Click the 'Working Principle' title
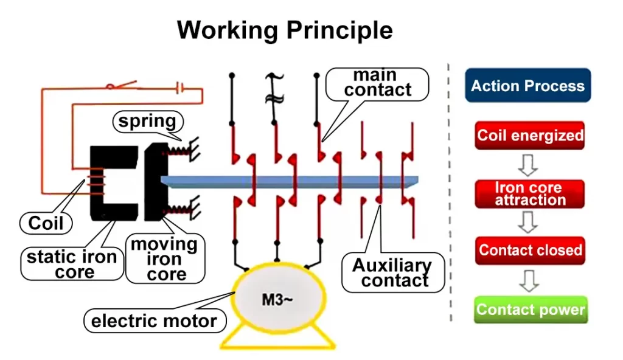click(284, 30)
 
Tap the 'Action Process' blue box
click(527, 86)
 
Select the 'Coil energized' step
click(530, 135)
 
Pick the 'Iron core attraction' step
click(530, 194)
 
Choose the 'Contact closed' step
click(530, 250)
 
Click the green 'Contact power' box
click(530, 310)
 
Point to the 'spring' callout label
click(147, 122)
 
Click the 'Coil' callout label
click(46, 223)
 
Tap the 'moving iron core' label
click(164, 259)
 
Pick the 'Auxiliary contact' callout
click(392, 273)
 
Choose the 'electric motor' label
click(154, 320)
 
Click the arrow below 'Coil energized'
click(529, 163)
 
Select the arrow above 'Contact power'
click(529, 280)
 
